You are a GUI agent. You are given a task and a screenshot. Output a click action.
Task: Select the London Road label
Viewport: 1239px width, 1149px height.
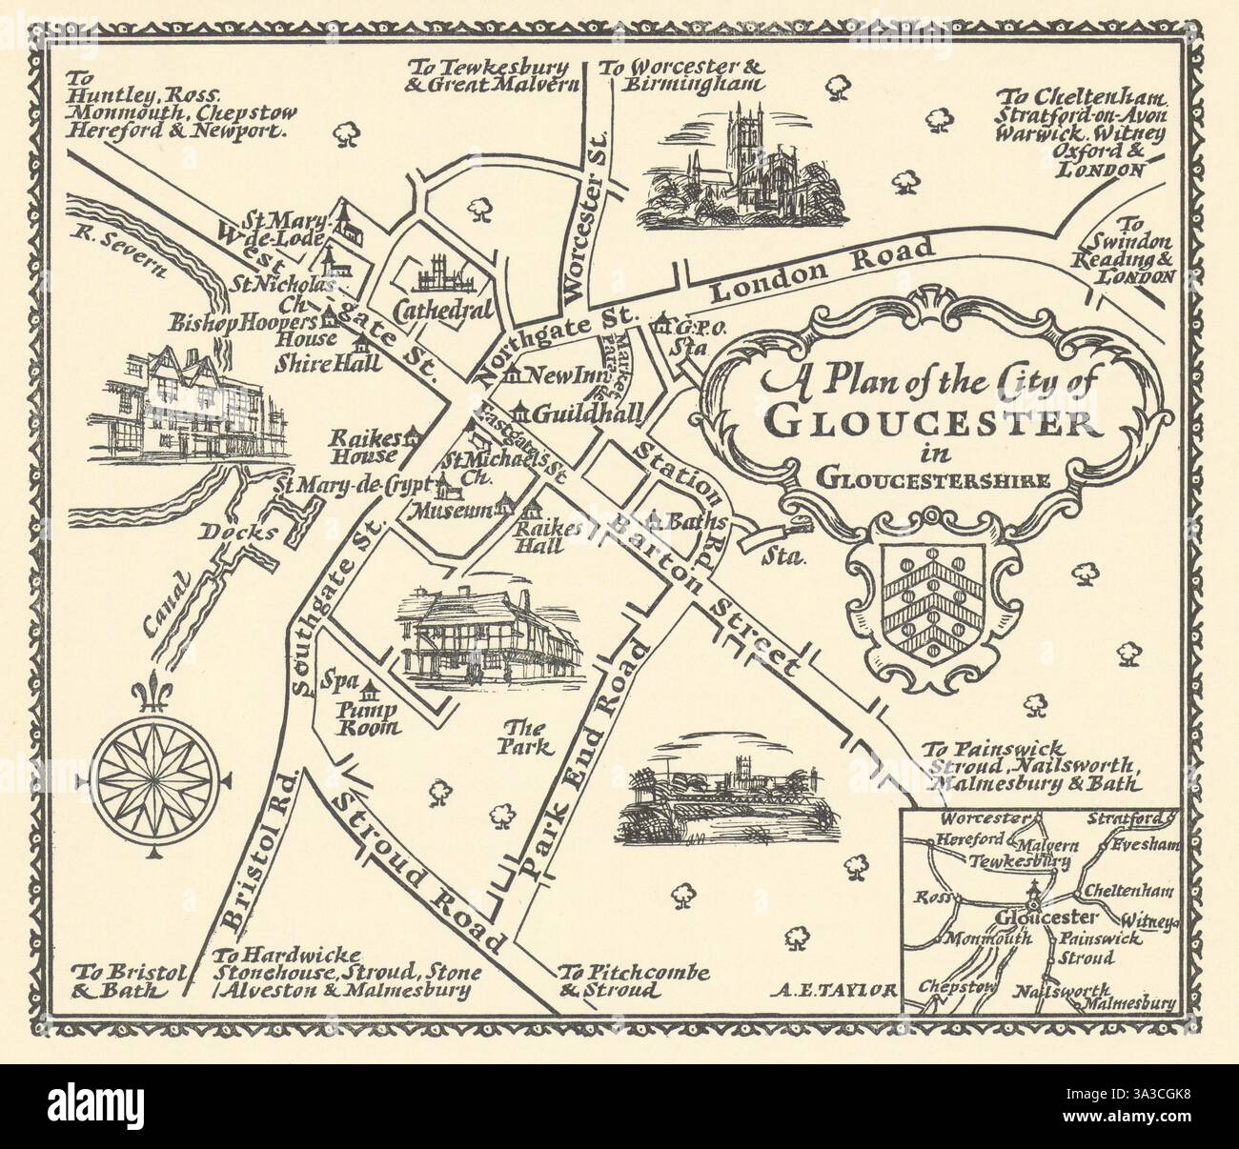(x=810, y=270)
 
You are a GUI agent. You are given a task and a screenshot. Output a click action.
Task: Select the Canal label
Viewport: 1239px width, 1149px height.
(x=168, y=608)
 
